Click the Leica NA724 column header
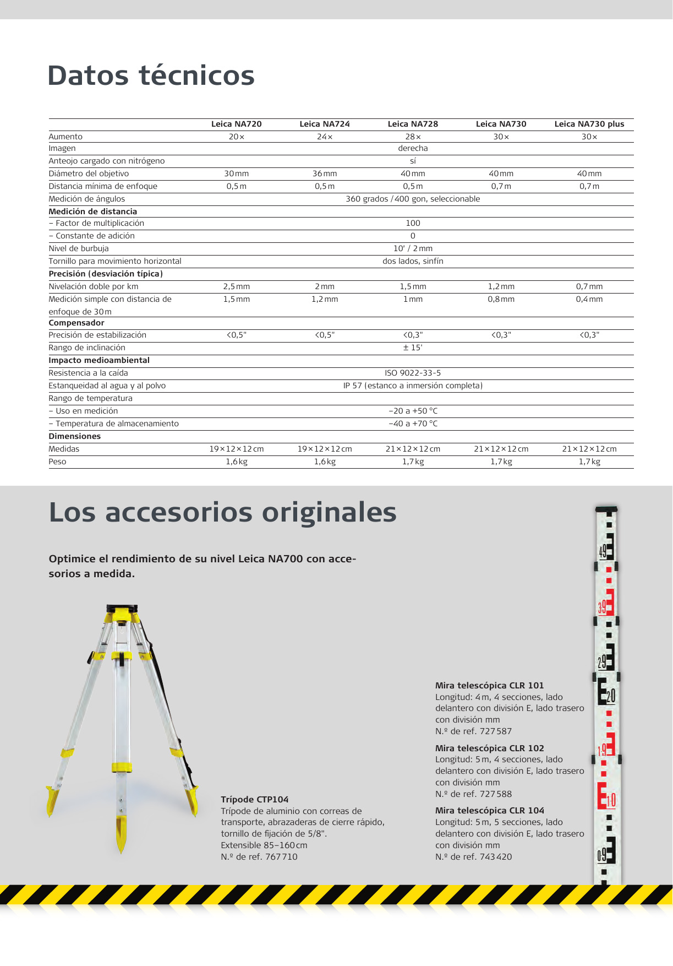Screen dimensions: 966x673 [324, 124]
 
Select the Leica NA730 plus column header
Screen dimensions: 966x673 [589, 124]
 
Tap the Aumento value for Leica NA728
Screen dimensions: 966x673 [413, 137]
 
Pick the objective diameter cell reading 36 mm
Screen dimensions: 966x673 [324, 173]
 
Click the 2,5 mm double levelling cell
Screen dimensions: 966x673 [236, 286]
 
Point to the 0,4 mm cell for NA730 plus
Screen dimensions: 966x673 [589, 299]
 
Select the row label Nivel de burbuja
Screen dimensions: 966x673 [79, 248]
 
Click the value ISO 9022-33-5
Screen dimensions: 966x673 [413, 373]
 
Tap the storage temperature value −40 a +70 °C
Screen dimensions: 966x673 [413, 424]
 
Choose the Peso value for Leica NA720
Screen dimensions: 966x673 [236, 462]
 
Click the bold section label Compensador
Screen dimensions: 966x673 [76, 323]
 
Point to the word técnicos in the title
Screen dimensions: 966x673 [196, 75]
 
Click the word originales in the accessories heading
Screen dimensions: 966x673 [329, 512]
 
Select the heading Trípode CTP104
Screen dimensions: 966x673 [254, 799]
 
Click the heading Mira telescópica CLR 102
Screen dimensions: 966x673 [489, 748]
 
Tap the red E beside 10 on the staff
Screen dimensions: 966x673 [602, 796]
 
